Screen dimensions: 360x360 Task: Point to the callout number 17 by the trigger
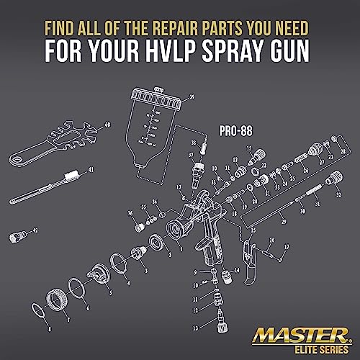click(x=286, y=246)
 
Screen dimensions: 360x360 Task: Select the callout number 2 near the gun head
click(x=168, y=253)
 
